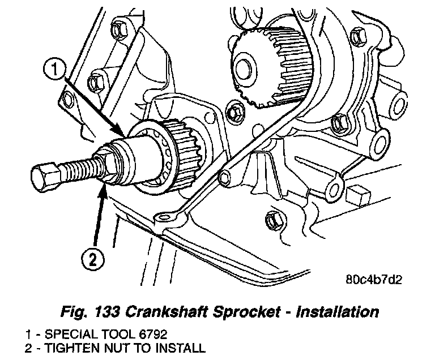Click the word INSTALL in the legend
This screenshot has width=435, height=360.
pos(180,347)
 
